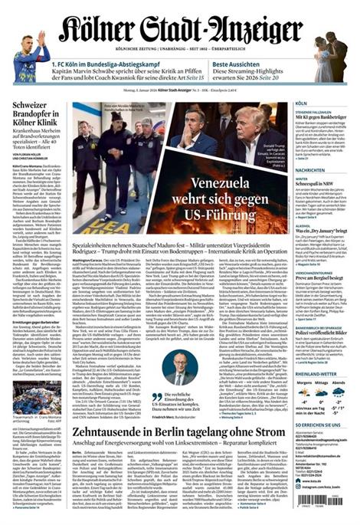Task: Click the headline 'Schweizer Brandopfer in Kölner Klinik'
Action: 31,130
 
